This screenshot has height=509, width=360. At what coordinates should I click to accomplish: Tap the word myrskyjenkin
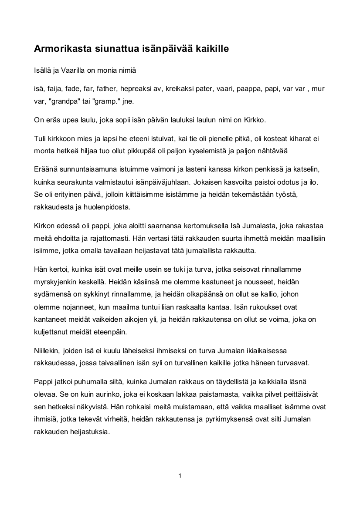click(x=54, y=282)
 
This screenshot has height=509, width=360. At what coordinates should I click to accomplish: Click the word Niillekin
click(x=49, y=351)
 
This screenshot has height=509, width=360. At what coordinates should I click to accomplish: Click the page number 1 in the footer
click(x=180, y=475)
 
